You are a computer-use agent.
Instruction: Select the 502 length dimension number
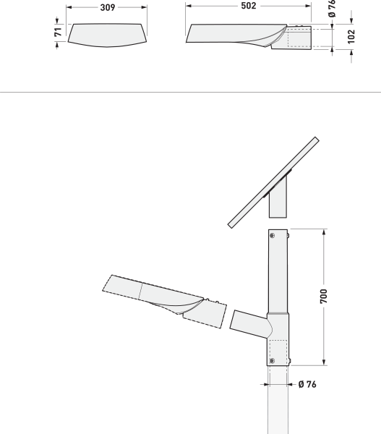tap(248, 6)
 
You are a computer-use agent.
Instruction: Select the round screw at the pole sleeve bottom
tap(273, 359)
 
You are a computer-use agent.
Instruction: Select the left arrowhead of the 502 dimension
tap(189, 6)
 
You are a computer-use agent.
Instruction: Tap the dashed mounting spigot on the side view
tap(301, 38)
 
